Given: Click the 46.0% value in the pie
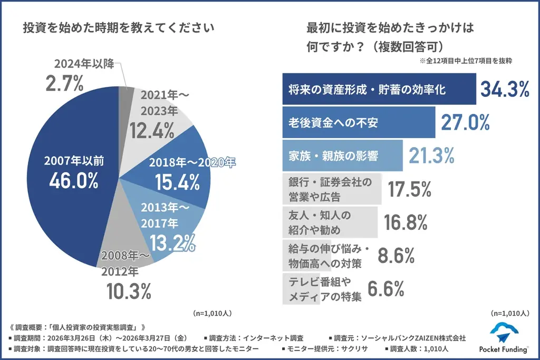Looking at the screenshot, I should click(74, 180).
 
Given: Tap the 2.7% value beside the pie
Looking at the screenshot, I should click(65, 83).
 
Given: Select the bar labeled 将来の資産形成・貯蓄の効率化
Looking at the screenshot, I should click(379, 90).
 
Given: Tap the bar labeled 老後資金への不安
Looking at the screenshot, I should click(359, 122).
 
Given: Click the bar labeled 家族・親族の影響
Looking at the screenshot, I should click(343, 155).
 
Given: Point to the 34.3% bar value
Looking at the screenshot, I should click(504, 90).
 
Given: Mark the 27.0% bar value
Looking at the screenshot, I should click(464, 122).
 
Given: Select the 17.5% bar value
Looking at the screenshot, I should click(410, 190).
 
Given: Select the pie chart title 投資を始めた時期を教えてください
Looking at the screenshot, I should click(119, 28).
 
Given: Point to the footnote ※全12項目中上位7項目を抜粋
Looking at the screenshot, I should click(466, 61).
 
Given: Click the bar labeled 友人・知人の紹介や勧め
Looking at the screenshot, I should click(330, 222).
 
